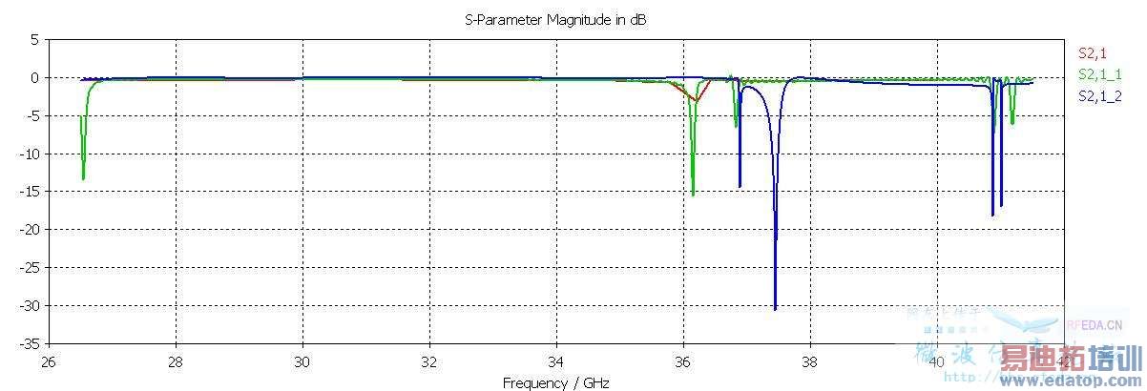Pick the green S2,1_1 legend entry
(x=1099, y=74)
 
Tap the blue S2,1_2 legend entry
(x=1099, y=95)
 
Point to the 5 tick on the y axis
(x=34, y=40)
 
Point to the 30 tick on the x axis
(x=302, y=361)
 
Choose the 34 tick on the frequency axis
(x=556, y=361)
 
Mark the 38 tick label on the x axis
(x=810, y=361)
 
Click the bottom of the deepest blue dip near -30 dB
(x=775, y=309)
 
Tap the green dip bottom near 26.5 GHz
(x=83, y=178)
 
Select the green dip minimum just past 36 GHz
(x=693, y=195)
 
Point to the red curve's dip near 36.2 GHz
(x=697, y=101)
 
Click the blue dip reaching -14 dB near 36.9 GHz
(x=740, y=186)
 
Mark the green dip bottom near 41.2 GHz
(x=1012, y=123)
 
